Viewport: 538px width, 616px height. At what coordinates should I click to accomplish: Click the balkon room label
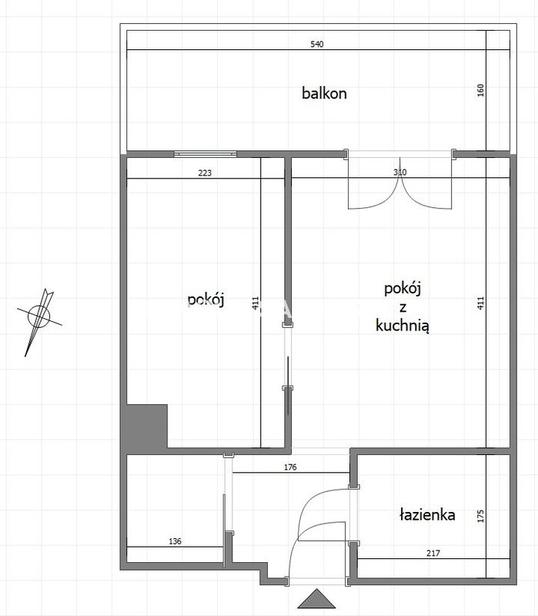(x=324, y=93)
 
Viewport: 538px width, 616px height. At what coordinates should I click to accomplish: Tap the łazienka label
(x=427, y=514)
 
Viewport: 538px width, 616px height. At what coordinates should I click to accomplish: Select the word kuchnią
(x=403, y=326)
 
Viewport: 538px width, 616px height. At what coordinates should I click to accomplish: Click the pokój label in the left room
(x=206, y=300)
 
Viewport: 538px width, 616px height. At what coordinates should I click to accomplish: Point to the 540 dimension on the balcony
(x=317, y=44)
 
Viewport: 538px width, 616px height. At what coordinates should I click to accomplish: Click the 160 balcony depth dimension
(x=481, y=90)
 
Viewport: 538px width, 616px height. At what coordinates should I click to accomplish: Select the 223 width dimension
(x=205, y=172)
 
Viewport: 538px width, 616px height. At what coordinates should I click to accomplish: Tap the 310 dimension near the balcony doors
(x=399, y=172)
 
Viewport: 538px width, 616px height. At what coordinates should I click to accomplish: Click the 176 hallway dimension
(x=290, y=467)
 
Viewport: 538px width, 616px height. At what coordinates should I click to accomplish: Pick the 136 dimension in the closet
(x=175, y=541)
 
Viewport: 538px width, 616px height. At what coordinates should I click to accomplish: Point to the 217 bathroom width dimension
(x=433, y=553)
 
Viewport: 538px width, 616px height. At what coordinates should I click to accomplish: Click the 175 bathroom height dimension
(x=481, y=516)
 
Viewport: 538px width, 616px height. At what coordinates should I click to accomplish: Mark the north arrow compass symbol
(x=39, y=316)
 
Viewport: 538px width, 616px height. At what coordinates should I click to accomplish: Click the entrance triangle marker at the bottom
(x=316, y=598)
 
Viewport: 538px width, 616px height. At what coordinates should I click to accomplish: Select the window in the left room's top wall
(x=206, y=154)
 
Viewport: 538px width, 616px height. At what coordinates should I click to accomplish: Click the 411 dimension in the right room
(x=481, y=303)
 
